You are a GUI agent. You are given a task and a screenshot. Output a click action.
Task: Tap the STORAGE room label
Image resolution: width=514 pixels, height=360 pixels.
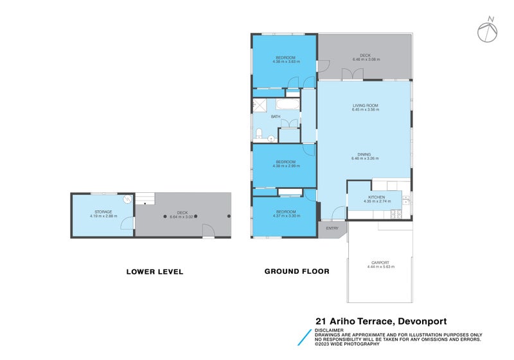103,212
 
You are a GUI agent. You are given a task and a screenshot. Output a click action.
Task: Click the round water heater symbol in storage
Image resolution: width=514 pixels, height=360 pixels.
128,199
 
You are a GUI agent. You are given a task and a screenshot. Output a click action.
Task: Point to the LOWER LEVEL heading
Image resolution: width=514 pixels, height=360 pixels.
154,272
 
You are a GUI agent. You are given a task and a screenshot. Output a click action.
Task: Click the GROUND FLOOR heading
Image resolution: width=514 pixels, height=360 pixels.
297,271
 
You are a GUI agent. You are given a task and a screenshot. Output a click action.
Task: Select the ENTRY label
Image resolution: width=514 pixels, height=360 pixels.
332,228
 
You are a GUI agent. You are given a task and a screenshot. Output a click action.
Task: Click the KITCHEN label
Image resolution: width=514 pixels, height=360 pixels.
376,197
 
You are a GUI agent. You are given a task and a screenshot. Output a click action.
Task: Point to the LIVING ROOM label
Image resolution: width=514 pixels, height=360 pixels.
365,105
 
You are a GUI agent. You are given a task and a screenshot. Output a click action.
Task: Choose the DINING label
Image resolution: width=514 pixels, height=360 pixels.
364,154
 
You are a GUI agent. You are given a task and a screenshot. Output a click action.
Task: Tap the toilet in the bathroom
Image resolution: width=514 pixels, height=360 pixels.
258,134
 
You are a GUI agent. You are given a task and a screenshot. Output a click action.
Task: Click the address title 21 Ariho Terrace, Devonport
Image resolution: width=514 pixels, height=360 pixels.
380,321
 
